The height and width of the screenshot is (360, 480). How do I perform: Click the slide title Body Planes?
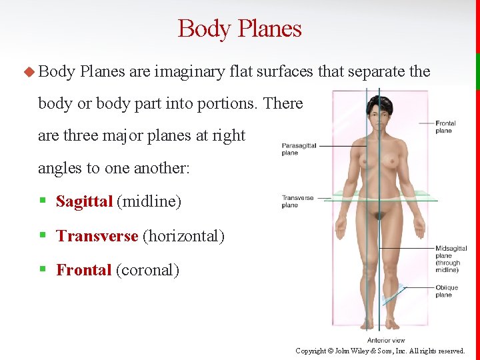click(239, 29)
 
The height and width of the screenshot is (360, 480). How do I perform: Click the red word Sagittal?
click(84, 201)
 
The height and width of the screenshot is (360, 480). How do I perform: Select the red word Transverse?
click(97, 236)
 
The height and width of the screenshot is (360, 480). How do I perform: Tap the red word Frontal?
click(83, 270)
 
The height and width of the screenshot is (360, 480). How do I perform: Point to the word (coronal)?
click(147, 270)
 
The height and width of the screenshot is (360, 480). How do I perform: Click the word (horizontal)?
click(183, 236)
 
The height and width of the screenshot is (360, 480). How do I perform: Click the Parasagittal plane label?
click(299, 149)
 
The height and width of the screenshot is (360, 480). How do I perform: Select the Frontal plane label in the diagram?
click(445, 127)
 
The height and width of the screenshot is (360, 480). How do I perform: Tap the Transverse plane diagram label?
click(297, 201)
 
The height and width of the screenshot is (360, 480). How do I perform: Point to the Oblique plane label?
click(447, 291)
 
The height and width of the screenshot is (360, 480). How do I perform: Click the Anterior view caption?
click(386, 341)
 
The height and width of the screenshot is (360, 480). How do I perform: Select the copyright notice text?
click(380, 351)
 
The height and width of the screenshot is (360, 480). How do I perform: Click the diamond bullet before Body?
click(28, 71)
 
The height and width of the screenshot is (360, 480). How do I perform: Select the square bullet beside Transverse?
click(42, 236)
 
